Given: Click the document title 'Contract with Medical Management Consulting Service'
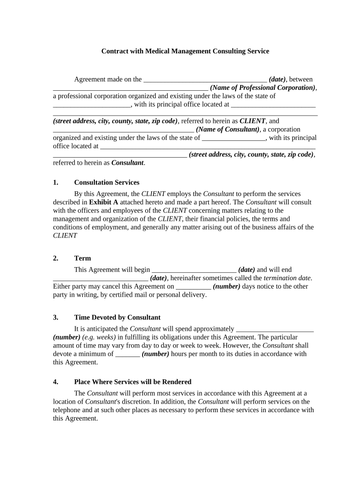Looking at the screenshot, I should pos(185,51).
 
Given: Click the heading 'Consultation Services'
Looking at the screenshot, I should pos(107,182).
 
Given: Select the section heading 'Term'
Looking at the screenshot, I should pos(82,258).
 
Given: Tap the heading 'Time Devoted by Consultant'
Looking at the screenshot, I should pos(117,317).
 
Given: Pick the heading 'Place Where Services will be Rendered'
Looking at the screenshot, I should pos(132,382).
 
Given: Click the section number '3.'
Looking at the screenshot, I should pos(56,317).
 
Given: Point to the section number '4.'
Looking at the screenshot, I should pos(56,382).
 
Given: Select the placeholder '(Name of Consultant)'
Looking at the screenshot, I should pos(228,130).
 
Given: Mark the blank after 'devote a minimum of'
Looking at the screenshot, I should pos(127,355).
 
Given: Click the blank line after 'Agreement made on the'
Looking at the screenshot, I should pos(205,80).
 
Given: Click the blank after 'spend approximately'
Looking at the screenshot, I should pos(275,329).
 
